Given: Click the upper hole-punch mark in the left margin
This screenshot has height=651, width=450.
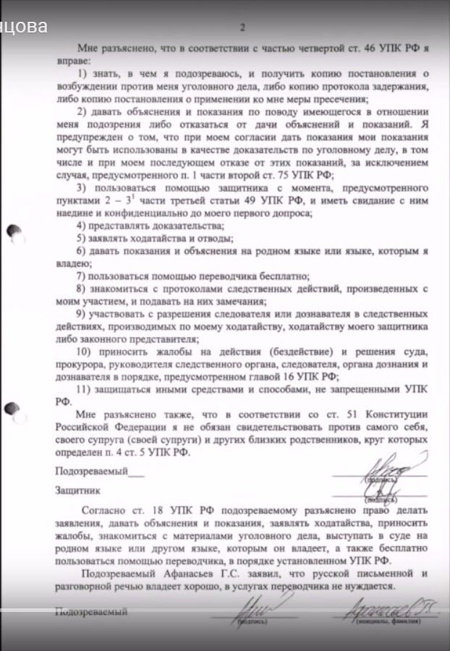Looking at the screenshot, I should [13, 231].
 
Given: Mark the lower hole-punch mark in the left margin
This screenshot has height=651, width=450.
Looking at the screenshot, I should [12, 412].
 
